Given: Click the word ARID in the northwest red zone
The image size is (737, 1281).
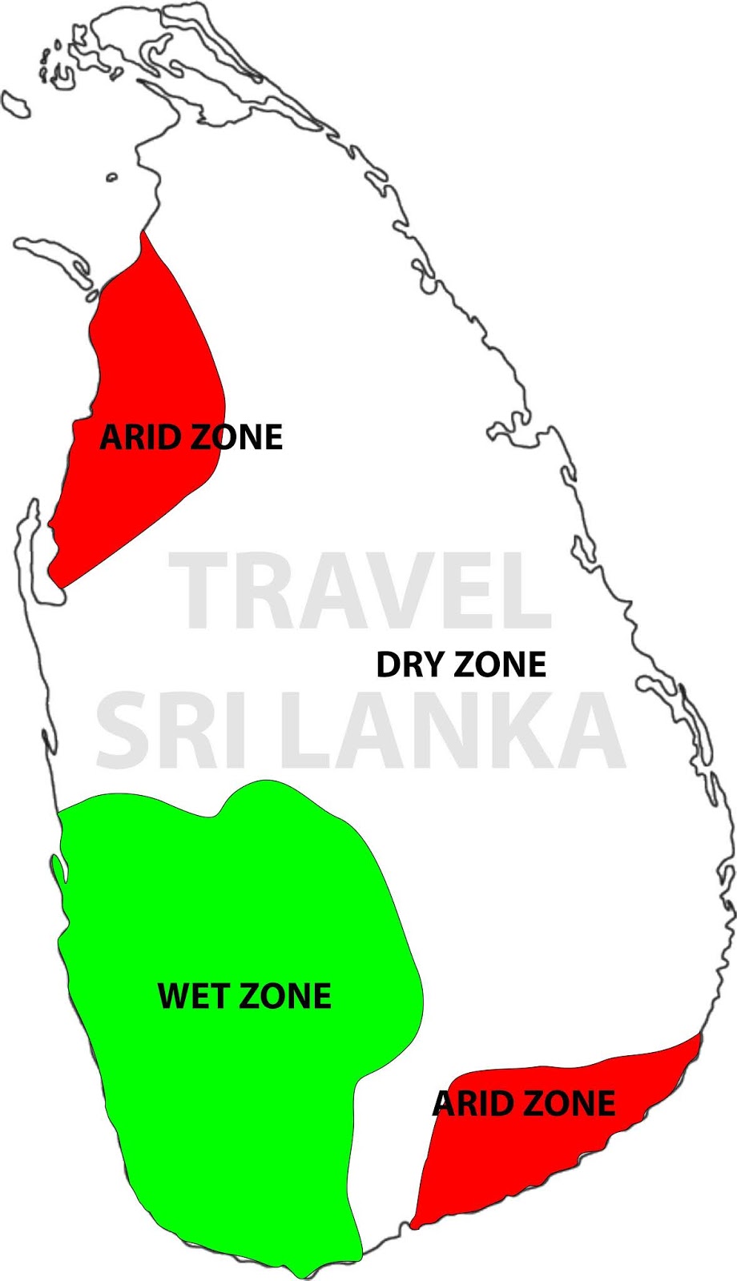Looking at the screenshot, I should click(141, 438).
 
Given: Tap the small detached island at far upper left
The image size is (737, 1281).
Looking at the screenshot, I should click(15, 105).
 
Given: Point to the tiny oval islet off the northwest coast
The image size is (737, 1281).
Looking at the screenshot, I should click(111, 177).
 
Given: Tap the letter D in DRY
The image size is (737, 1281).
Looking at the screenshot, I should click(388, 665).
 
